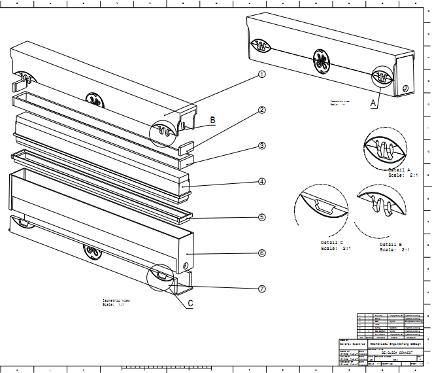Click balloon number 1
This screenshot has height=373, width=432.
pyautogui.click(x=261, y=75)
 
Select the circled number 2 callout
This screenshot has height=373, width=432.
pyautogui.click(x=261, y=110)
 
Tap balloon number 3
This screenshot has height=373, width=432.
pyautogui.click(x=261, y=146)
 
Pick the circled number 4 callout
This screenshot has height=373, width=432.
pyautogui.click(x=261, y=181)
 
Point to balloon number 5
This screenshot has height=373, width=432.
pyautogui.click(x=261, y=217)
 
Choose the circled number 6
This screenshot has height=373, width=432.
pyautogui.click(x=261, y=253)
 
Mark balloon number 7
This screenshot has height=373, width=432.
pyautogui.click(x=261, y=289)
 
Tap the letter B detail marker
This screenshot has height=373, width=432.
pyautogui.click(x=212, y=120)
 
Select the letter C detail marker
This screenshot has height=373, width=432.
pyautogui.click(x=190, y=303)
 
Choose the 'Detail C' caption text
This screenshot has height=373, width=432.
pyautogui.click(x=337, y=243)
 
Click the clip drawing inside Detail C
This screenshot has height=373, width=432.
pyautogui.click(x=325, y=206)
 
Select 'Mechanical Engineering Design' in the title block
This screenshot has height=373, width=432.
pyautogui.click(x=390, y=343)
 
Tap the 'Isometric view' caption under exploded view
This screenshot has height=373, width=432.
pyautogui.click(x=116, y=300)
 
